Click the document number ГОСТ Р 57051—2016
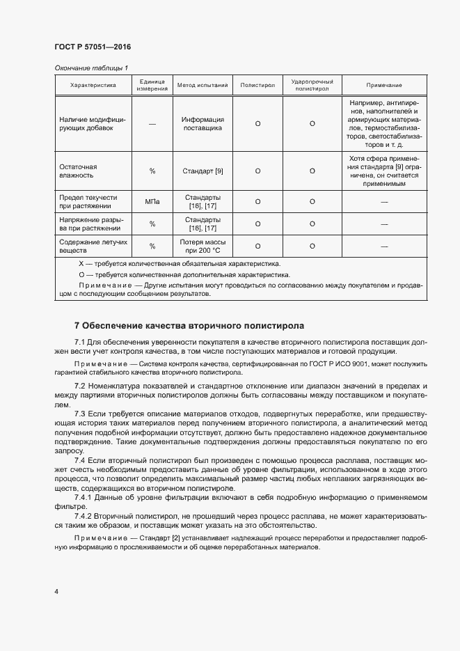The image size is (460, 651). pos(93,47)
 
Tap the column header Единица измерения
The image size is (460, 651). pos(152,85)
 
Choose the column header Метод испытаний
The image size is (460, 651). pos(203,85)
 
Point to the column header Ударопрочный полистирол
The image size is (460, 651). pos(312,85)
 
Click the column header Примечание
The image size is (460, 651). pos(384,85)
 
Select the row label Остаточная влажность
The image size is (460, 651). pos(79,171)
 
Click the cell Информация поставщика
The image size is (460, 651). pos(203,123)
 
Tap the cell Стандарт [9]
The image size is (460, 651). pos(203,171)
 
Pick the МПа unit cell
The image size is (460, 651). pos(152,202)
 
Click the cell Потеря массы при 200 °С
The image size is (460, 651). pos(203,245)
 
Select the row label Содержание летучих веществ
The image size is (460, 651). pos(88,245)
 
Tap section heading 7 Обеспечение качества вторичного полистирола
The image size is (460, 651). pos(189,325)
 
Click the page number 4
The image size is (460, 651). pos(56,591)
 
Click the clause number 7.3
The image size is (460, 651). pos(79,414)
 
